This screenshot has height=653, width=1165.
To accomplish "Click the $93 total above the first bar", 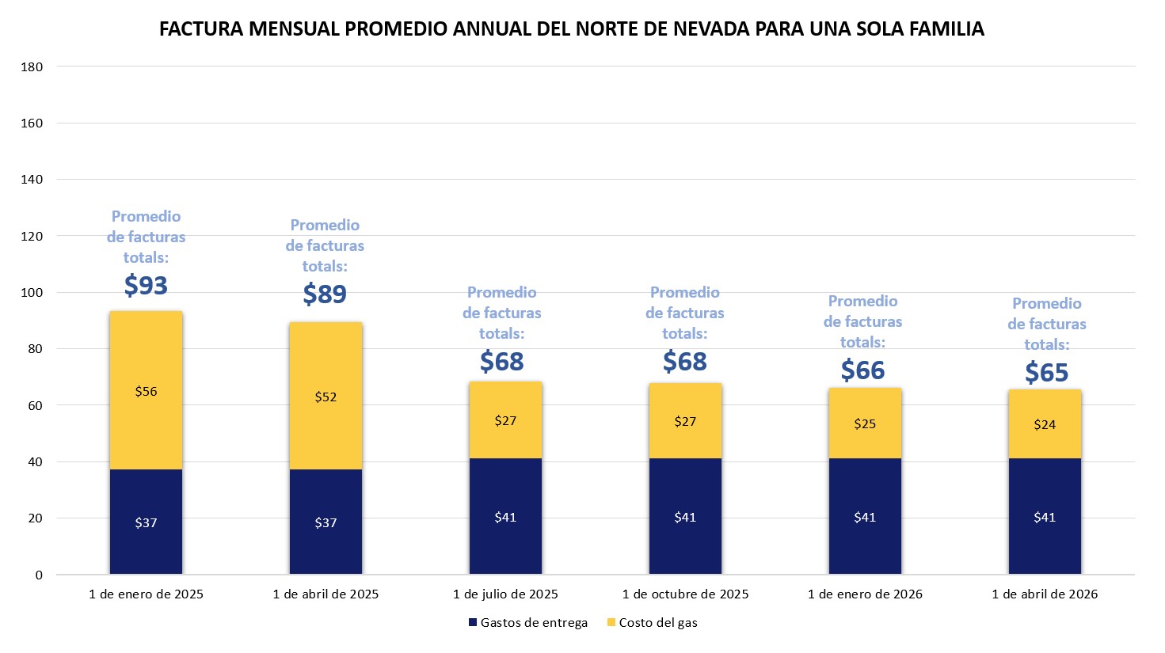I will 146,285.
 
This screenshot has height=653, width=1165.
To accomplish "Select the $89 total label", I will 325,294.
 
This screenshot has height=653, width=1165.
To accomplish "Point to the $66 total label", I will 862,370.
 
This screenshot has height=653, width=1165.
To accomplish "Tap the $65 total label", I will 1046,372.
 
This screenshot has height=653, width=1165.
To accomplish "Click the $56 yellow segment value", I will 146,391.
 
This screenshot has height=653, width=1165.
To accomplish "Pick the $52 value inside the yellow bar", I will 326,397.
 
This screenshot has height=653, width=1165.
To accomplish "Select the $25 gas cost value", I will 865,423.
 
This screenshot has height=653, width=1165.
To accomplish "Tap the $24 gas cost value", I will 1045,424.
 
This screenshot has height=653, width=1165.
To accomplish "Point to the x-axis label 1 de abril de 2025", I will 326,594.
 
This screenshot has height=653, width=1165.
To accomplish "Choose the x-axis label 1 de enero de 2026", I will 865,594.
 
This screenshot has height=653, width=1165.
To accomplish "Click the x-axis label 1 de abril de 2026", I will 1045,594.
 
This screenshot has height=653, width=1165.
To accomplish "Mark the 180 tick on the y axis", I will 32,66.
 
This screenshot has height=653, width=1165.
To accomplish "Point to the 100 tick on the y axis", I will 32,292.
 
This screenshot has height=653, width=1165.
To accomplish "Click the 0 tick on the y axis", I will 38,575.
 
